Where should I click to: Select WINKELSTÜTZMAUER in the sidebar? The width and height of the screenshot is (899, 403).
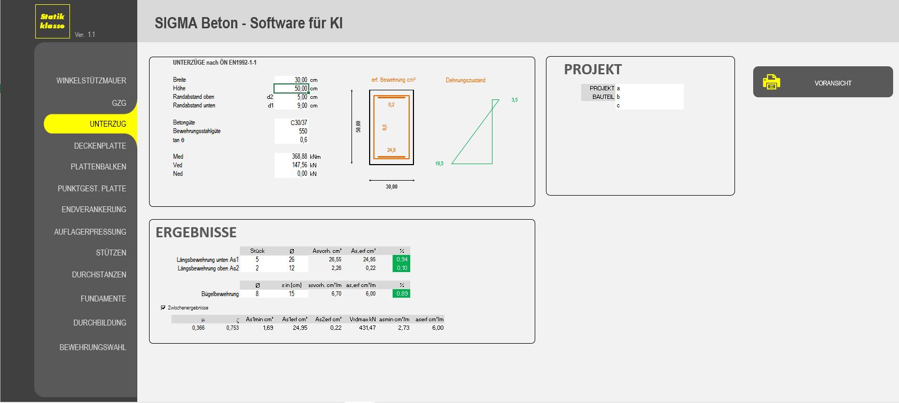(x=91, y=81)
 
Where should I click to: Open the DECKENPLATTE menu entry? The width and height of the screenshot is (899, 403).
(x=100, y=146)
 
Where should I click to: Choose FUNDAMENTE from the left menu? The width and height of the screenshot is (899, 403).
(x=103, y=299)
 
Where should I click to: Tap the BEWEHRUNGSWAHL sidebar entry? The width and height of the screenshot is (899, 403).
(x=93, y=347)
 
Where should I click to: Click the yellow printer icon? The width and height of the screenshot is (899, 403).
(x=771, y=82)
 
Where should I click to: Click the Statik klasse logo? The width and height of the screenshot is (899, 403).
(x=52, y=21)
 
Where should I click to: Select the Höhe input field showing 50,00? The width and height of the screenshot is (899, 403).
(x=291, y=88)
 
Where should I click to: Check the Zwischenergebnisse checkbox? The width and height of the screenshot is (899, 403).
(x=163, y=307)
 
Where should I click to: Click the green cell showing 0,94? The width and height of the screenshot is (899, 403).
(x=401, y=259)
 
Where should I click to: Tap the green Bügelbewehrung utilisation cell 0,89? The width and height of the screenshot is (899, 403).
(x=401, y=293)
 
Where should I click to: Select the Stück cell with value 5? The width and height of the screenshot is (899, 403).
(x=257, y=259)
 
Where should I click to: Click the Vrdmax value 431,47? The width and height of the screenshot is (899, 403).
(x=367, y=328)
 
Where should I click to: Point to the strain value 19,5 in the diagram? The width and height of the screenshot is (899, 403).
(x=439, y=164)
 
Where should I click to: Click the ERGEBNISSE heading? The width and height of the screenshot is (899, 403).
(x=196, y=232)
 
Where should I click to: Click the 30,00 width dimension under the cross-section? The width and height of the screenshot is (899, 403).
(x=392, y=187)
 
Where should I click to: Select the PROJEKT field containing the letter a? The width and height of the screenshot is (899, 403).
(x=650, y=88)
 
